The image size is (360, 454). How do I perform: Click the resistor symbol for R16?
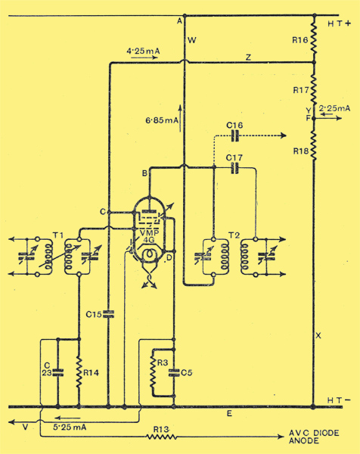[314, 39]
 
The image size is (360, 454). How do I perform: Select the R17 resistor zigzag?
[314, 88]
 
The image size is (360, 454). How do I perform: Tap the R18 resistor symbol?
[314, 145]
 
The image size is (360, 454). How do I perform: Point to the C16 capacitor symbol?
[235, 135]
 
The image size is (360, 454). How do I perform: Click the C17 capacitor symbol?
[235, 168]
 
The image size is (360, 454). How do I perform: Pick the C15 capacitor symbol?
[109, 314]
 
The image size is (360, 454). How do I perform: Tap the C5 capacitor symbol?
[174, 372]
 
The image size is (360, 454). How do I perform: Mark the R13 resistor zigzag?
[161, 437]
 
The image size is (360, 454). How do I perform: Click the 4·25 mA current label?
[143, 51]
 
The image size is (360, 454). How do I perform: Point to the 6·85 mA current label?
[162, 120]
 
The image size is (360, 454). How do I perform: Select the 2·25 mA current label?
[334, 108]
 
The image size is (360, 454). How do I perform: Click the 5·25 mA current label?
[70, 427]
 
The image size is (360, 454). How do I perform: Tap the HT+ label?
[339, 23]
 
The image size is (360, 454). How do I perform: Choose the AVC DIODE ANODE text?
[314, 437]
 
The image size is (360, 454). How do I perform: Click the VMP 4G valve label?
[149, 236]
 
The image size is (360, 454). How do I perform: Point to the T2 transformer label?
[234, 235]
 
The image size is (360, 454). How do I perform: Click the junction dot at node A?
[185, 15]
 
